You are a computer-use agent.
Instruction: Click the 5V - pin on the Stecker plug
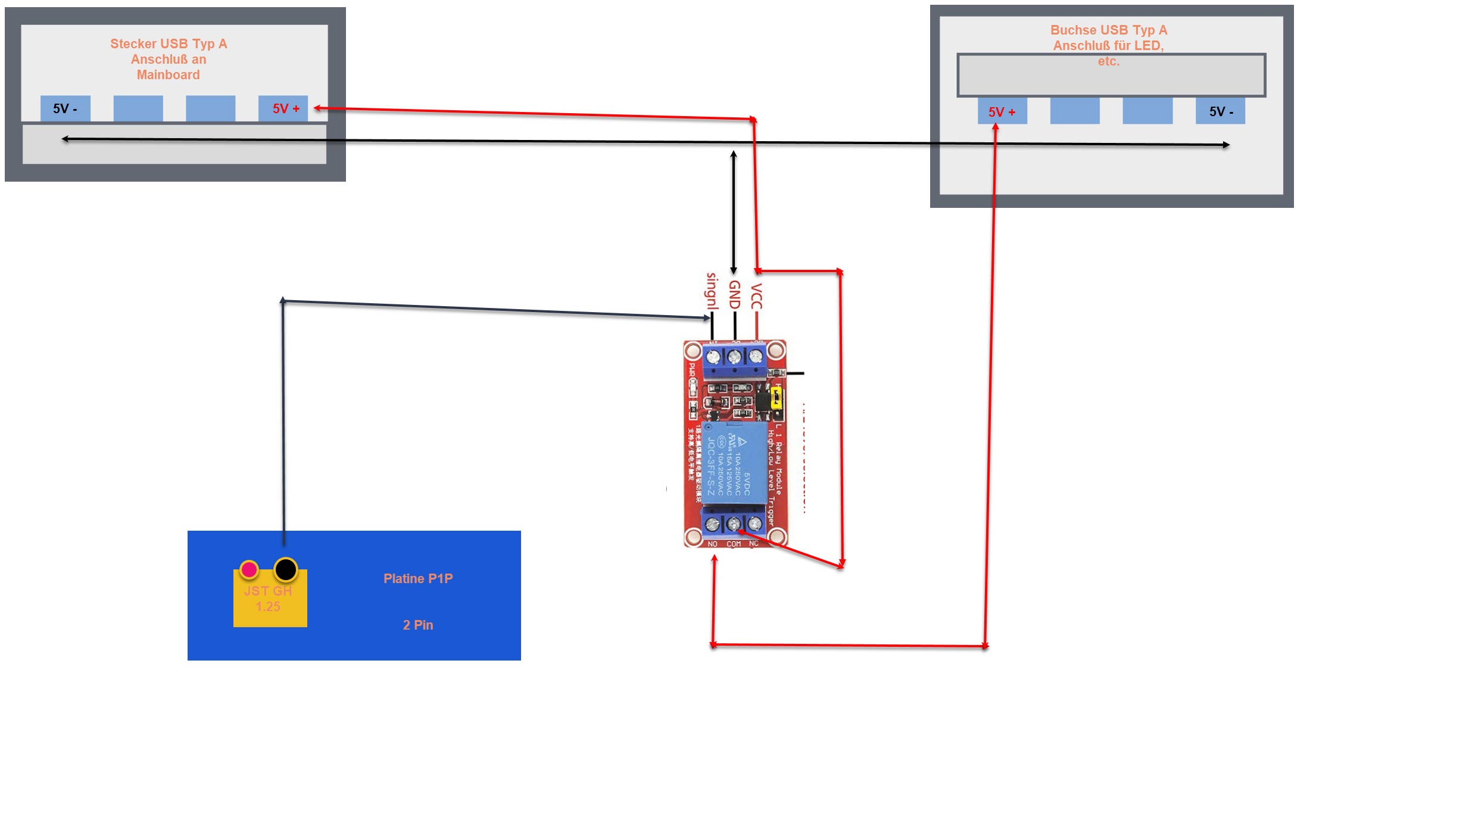tap(65, 108)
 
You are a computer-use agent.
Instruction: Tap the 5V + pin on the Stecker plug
tap(283, 108)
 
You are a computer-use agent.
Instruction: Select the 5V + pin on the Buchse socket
tap(1002, 111)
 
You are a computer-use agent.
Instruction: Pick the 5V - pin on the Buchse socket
tap(1220, 111)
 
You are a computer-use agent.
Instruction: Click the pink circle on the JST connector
tap(249, 569)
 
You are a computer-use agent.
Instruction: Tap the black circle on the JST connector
tap(286, 569)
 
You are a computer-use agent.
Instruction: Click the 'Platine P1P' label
tap(418, 578)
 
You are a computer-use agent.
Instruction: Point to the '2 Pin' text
tap(418, 625)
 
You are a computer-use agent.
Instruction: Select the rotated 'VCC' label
tap(756, 297)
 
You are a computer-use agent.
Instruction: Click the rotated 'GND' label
tap(734, 295)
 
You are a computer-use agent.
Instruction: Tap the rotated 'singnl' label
tap(712, 291)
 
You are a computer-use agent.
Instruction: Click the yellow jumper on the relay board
tap(776, 398)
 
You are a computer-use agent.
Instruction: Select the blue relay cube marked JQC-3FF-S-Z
tap(734, 462)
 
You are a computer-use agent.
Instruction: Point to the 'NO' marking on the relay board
tap(713, 544)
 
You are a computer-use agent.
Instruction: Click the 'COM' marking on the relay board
tap(734, 544)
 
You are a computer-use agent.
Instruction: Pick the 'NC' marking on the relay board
tap(754, 543)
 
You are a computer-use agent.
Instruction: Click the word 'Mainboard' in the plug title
tap(169, 75)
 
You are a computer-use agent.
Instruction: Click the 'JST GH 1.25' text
tap(268, 599)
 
